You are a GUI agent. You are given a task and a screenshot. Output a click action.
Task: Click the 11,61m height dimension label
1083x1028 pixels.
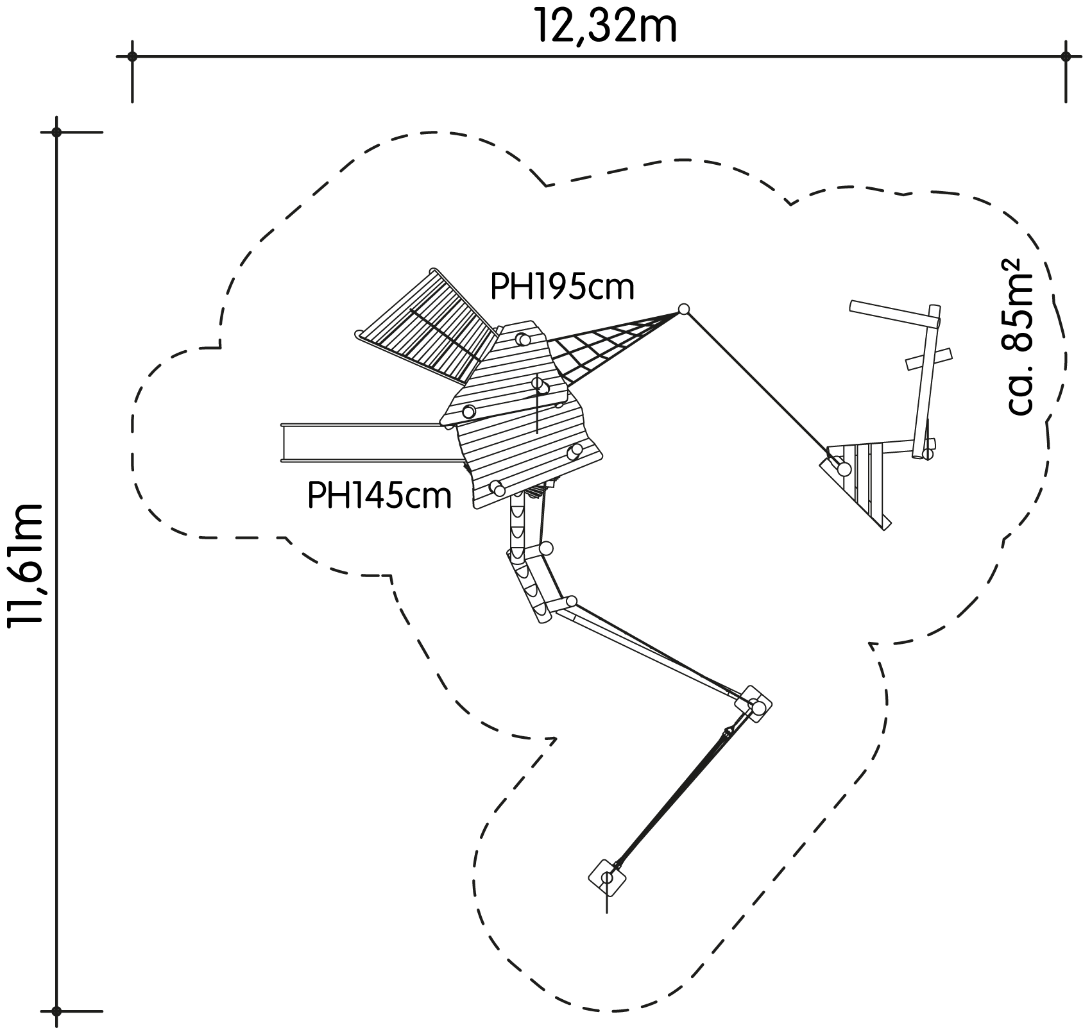(x=26, y=564)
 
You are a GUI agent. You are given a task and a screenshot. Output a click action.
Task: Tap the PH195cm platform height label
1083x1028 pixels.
(x=562, y=288)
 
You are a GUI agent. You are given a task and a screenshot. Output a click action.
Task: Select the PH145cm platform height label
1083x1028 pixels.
(x=380, y=496)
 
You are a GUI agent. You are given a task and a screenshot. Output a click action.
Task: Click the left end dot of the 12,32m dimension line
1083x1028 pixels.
(x=132, y=56)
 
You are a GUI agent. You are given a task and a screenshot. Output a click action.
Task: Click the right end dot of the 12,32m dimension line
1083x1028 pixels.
(x=1066, y=56)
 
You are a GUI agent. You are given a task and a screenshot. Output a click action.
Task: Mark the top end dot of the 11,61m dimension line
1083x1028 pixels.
(x=56, y=132)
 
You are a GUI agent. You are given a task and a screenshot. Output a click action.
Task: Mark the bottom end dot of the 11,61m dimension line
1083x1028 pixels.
(x=56, y=1011)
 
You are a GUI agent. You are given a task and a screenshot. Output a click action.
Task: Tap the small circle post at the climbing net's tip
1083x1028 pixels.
(x=684, y=309)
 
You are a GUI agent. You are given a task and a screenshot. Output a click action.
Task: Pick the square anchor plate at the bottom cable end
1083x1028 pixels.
(x=607, y=877)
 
